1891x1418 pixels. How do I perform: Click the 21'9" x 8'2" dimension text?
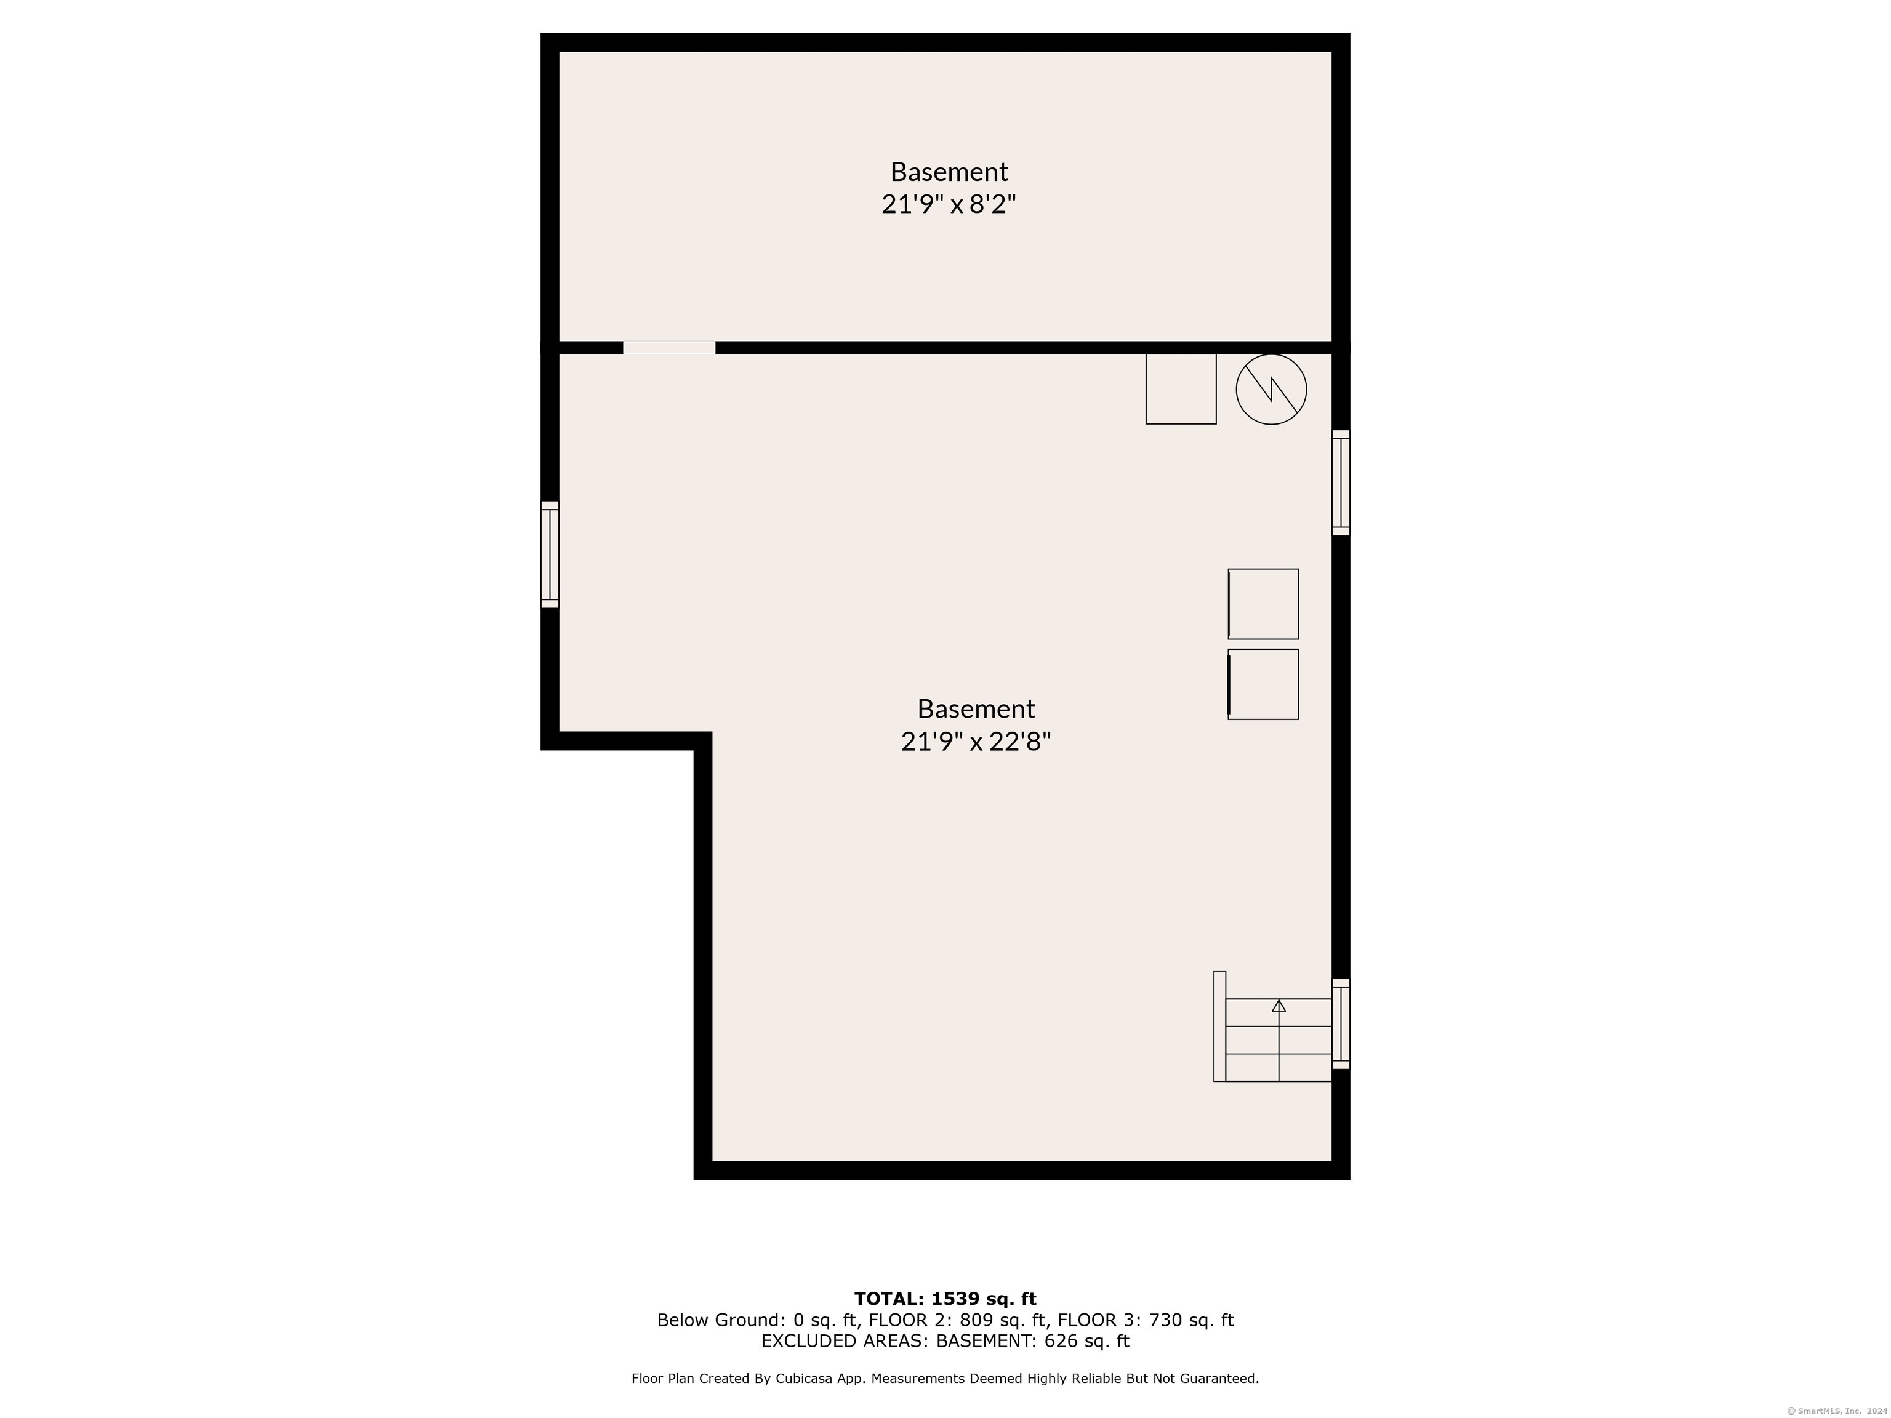point(949,205)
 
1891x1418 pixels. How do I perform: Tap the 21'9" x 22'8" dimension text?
point(976,742)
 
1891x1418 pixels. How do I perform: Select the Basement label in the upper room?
point(949,172)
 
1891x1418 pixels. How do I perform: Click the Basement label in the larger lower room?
point(976,708)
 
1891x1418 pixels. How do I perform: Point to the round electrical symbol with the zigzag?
point(1271,389)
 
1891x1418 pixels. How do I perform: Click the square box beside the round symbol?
point(1181,389)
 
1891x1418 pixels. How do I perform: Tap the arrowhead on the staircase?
point(1279,1006)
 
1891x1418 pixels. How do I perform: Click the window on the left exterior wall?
point(550,555)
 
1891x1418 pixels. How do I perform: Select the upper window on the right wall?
point(1341,483)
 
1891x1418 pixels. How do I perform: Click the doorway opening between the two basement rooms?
point(669,348)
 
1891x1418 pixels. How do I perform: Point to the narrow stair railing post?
point(1220,1027)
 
